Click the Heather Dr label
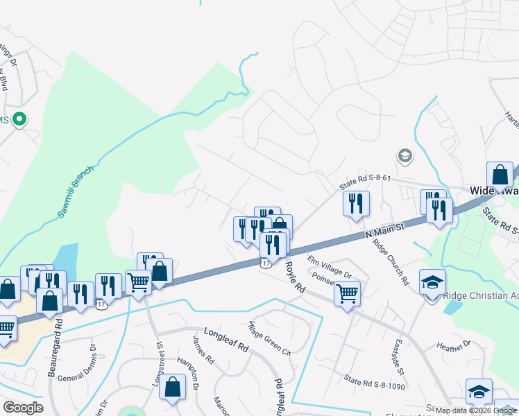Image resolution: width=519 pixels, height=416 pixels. (x=454, y=345)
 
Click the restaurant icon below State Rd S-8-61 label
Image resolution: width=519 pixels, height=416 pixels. (x=356, y=203)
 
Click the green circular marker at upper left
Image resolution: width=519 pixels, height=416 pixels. (x=20, y=119)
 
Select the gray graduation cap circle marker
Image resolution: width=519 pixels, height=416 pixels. (x=405, y=155)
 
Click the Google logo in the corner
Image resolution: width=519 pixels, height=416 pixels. (x=23, y=407)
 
